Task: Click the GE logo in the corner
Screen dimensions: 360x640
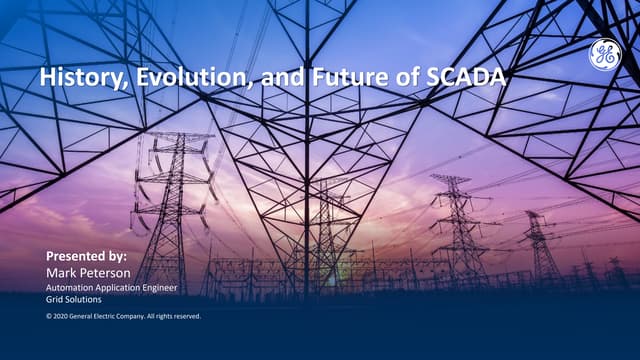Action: point(604,56)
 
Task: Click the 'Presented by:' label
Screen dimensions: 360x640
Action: point(87,256)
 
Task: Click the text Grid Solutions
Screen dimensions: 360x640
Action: point(74,299)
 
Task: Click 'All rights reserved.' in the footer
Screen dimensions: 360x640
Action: point(173,316)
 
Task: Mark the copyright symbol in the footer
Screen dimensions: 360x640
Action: point(49,316)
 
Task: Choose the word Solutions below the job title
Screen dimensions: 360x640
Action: point(83,299)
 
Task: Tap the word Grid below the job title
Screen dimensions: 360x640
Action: point(55,299)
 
